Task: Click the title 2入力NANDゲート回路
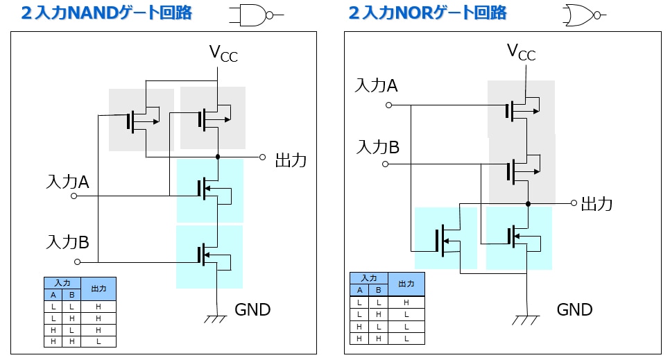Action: (x=106, y=12)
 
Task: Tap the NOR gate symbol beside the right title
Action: (x=583, y=15)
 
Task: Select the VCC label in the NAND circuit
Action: (x=223, y=53)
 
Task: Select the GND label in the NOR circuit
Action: (x=575, y=309)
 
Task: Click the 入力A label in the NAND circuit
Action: (x=67, y=182)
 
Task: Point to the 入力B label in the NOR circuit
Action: (x=377, y=147)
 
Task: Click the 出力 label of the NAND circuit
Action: (x=291, y=160)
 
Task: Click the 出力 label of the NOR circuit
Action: (x=596, y=203)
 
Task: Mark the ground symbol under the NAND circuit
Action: (x=217, y=318)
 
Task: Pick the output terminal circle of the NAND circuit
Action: (x=262, y=157)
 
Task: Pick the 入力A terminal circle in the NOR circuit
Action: (x=388, y=105)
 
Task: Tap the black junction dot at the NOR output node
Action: (x=528, y=204)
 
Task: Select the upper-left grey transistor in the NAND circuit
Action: (x=141, y=119)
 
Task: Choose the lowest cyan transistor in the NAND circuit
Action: (x=209, y=256)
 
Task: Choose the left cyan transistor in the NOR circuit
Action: (x=445, y=239)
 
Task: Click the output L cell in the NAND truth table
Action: (x=98, y=341)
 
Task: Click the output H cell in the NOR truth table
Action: (x=406, y=302)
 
